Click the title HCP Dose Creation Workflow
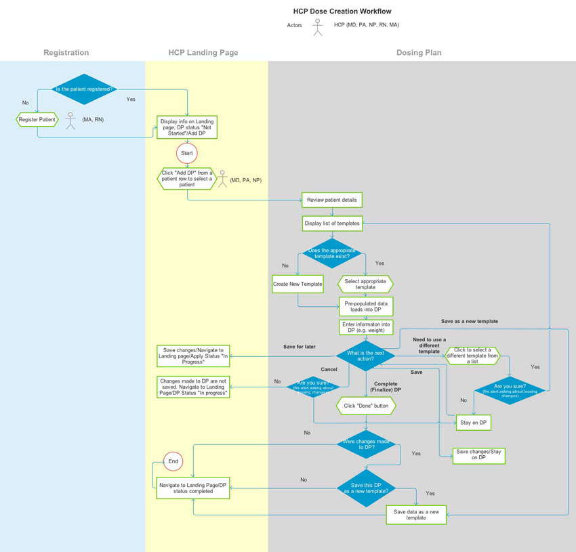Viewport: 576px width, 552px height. tap(342, 12)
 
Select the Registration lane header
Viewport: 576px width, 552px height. tap(66, 52)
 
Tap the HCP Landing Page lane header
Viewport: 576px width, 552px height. tap(203, 52)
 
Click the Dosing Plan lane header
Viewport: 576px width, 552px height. tap(419, 52)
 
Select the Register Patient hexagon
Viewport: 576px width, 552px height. tap(37, 120)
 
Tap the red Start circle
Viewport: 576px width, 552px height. tap(187, 153)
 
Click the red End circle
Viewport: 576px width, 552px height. tap(173, 461)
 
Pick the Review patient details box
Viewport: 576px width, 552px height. tap(332, 200)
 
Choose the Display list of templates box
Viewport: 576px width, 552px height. tap(332, 223)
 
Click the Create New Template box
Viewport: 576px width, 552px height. tap(297, 284)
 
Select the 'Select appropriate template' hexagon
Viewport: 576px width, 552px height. tap(365, 284)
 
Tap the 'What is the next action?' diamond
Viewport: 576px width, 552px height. tap(366, 356)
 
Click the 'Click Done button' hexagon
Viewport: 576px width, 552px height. tap(366, 406)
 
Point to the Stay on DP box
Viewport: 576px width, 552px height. tap(474, 423)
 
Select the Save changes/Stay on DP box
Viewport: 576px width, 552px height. tap(480, 455)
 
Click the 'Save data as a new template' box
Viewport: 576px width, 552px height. tap(416, 515)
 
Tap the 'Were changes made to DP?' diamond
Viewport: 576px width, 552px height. tap(366, 446)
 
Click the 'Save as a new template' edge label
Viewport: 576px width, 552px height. tap(469, 321)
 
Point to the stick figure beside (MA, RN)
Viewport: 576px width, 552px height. tap(70, 120)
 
